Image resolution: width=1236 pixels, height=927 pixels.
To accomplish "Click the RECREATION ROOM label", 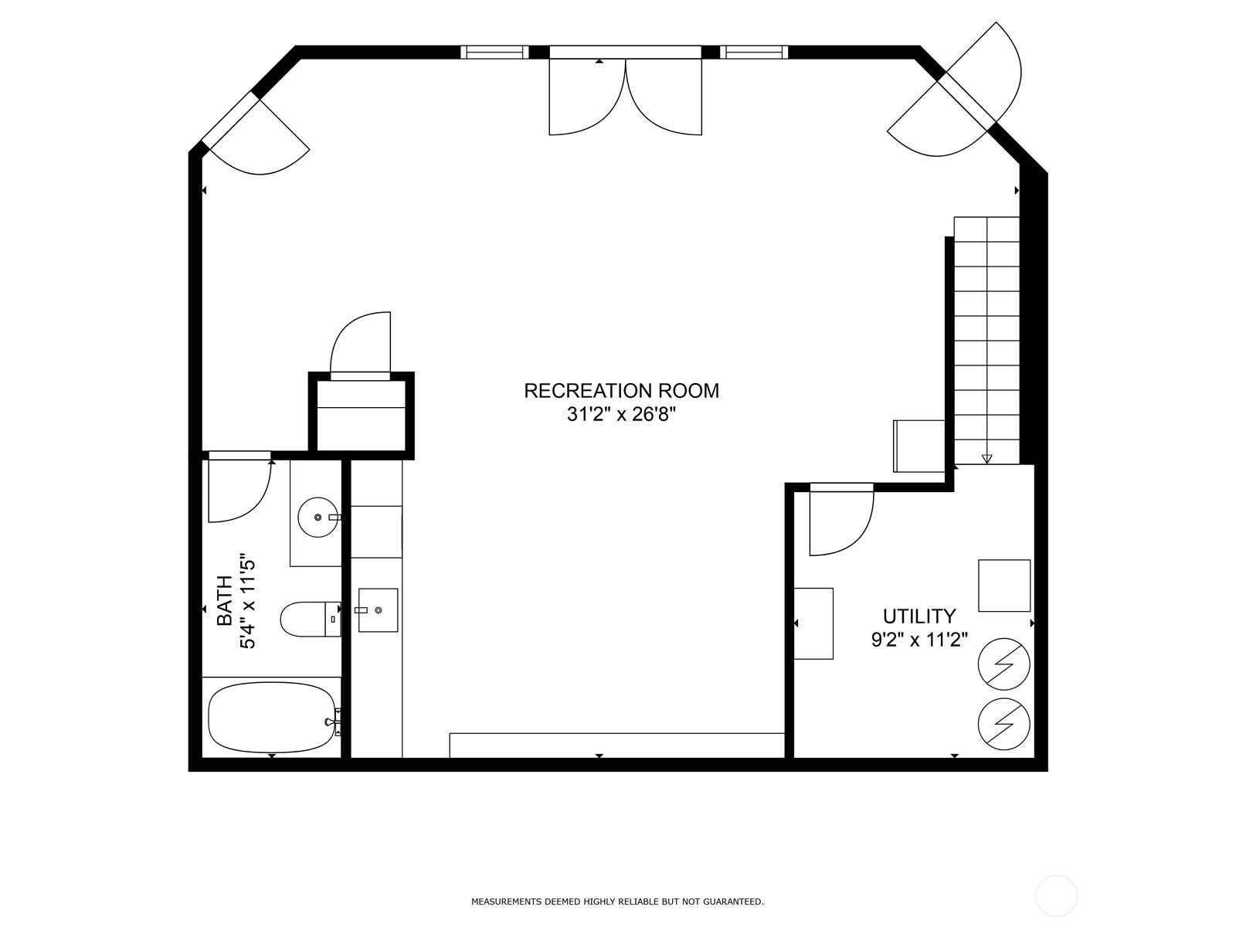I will (621, 391).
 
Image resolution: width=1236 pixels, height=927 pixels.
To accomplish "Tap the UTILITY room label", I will (919, 616).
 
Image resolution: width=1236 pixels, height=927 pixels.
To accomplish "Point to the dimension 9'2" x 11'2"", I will (919, 640).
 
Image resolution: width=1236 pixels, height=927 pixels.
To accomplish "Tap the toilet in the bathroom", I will (309, 620).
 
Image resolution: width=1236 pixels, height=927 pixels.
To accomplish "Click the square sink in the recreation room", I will (378, 610).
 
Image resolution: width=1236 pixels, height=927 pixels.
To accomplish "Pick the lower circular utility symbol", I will (1004, 725).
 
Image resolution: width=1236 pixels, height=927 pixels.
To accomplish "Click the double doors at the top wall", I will (626, 93).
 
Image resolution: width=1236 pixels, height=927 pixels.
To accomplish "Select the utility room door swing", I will (840, 522).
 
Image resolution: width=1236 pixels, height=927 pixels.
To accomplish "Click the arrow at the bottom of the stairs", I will (986, 459).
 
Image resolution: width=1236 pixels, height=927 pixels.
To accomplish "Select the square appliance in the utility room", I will (1004, 586).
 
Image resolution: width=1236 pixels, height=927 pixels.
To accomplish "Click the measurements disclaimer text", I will (617, 902).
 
